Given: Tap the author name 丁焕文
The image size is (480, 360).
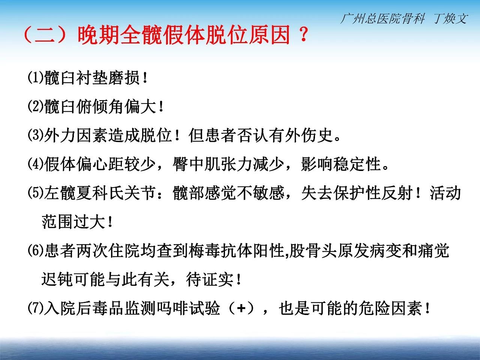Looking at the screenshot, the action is (x=451, y=18).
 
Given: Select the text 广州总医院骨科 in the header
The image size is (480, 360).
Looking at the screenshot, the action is (x=383, y=18).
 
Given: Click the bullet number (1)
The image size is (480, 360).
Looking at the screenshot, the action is (x=36, y=77).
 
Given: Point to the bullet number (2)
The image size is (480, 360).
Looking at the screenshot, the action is (x=36, y=106).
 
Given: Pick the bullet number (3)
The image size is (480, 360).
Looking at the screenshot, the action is (x=36, y=135).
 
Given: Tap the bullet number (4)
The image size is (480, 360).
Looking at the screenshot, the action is (x=36, y=164).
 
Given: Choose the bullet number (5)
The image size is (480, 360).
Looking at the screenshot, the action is (x=36, y=193).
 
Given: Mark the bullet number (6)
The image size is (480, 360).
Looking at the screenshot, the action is (x=36, y=250).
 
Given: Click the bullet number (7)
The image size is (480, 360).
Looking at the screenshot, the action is (x=36, y=308).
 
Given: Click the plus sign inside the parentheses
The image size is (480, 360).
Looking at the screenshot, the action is (x=241, y=308).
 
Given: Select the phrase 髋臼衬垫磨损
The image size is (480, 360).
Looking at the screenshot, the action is (x=92, y=78).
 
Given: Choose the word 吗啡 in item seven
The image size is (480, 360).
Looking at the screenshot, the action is (x=172, y=308).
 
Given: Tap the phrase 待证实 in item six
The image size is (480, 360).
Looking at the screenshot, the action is (x=210, y=280).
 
